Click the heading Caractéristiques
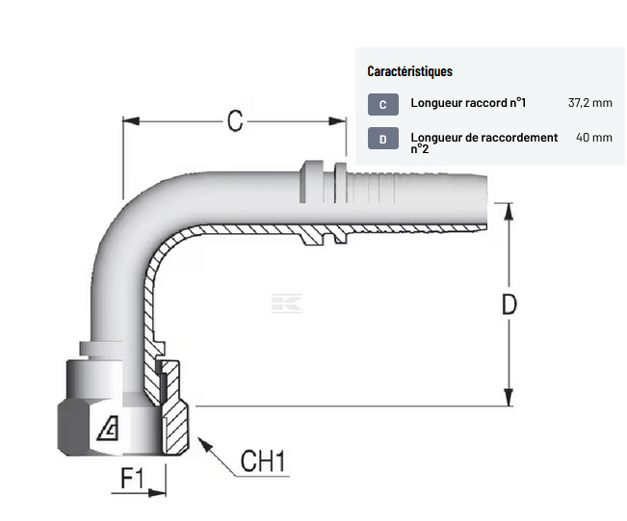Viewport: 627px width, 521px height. click(x=409, y=71)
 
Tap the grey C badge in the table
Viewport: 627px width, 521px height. click(x=382, y=104)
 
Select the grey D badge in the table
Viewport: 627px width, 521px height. click(x=382, y=139)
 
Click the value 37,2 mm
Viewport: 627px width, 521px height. click(x=590, y=103)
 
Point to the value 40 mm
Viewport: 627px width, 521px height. click(x=594, y=138)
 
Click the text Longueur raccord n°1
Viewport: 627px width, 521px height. click(x=468, y=103)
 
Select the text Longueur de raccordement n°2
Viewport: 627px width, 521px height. click(x=483, y=143)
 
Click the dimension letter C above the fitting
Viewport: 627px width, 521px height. click(x=234, y=120)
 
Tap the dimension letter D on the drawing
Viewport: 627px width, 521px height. click(x=509, y=304)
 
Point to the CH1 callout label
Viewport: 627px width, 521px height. click(x=263, y=463)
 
